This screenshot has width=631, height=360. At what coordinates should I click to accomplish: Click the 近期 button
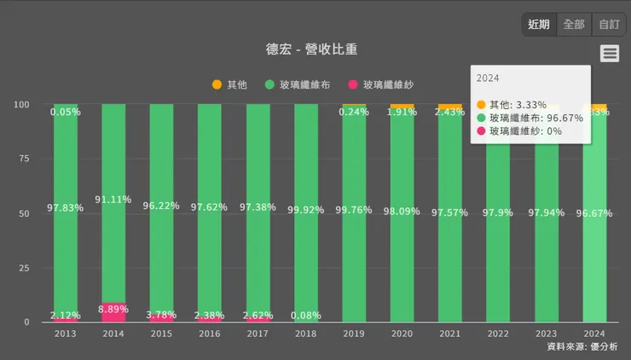pyautogui.click(x=539, y=25)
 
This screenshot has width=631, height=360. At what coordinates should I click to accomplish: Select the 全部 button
pyautogui.click(x=574, y=25)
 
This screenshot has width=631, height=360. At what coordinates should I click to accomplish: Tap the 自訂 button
pyautogui.click(x=609, y=25)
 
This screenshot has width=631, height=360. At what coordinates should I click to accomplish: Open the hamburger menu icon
pyautogui.click(x=609, y=54)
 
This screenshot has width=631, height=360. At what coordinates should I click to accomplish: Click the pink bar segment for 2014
pyautogui.click(x=113, y=313)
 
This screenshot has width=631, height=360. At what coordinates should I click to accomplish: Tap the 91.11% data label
pyautogui.click(x=113, y=200)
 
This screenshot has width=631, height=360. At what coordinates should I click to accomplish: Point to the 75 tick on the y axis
pyautogui.click(x=24, y=160)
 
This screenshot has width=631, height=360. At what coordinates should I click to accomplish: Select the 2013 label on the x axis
pyautogui.click(x=66, y=334)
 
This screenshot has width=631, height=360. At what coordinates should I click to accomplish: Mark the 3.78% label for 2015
pyautogui.click(x=161, y=315)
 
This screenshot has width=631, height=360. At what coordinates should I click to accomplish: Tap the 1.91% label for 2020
pyautogui.click(x=402, y=112)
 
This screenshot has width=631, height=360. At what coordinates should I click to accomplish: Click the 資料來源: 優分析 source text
pyautogui.click(x=582, y=347)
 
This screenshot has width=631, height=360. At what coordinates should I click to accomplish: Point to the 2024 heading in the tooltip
pyautogui.click(x=488, y=78)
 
